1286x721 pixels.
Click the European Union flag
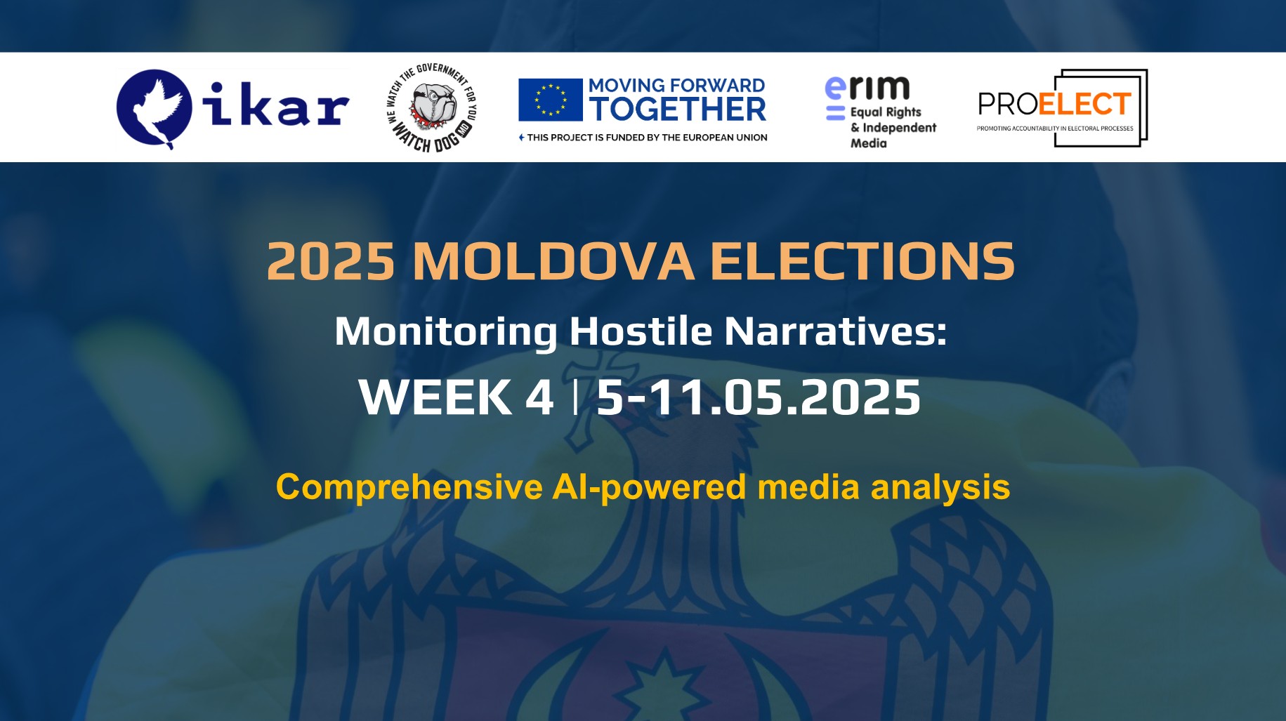550,100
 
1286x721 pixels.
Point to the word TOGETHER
677,110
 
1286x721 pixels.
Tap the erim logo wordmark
867,88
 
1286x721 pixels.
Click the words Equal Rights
885,112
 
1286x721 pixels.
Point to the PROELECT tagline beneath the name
1054,128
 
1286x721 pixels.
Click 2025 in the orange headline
331,262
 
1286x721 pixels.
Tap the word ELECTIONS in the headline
862,262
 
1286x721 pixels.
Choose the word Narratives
834,331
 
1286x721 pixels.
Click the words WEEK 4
456,397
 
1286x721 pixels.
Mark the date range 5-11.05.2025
759,397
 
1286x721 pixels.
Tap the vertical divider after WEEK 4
576,397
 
